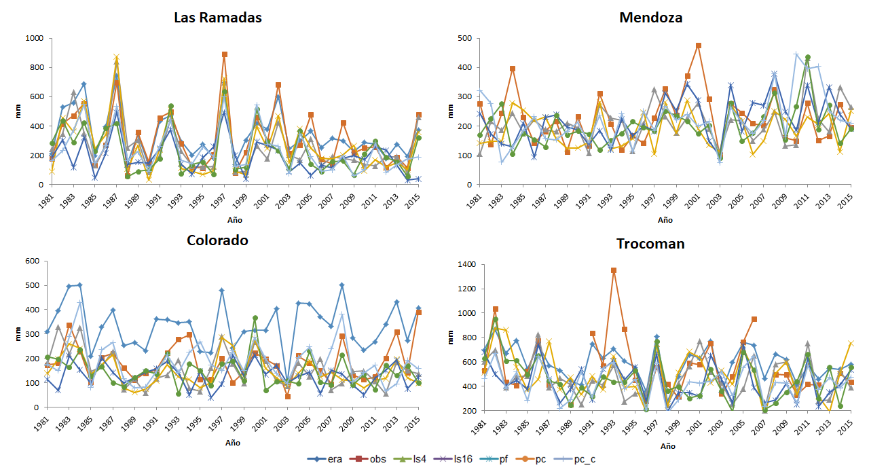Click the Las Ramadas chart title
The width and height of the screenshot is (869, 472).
[x=217, y=17]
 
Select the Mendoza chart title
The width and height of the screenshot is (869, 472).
[x=650, y=17]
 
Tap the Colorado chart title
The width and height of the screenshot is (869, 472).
[x=217, y=240]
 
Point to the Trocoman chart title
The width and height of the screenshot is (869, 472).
[x=650, y=244]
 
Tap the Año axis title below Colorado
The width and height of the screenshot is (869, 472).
[x=232, y=442]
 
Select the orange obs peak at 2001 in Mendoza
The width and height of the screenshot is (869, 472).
[x=698, y=46]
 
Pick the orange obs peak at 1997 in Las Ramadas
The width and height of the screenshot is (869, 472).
[x=225, y=54]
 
